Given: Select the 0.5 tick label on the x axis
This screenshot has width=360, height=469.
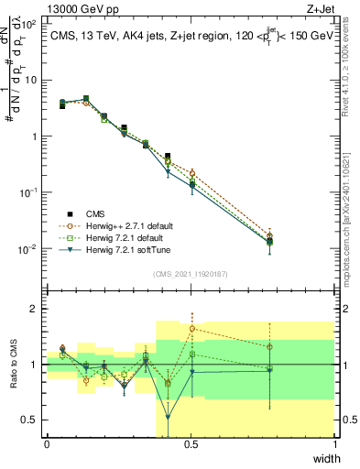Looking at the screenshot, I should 191,443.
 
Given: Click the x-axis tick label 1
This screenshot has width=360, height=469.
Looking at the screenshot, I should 334,443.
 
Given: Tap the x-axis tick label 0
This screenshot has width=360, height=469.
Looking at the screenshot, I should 47,443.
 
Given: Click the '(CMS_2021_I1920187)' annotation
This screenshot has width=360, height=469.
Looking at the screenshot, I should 190,273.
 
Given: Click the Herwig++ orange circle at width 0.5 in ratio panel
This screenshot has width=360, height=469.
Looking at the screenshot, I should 191,328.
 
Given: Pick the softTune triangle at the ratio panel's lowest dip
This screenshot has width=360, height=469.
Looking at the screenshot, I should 168,417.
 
